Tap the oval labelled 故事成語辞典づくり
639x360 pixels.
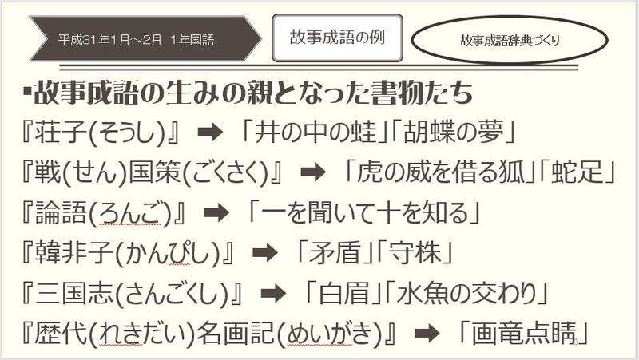click(x=509, y=39)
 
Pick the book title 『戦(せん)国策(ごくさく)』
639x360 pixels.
click(x=153, y=172)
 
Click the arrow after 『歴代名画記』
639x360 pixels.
click(x=427, y=333)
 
